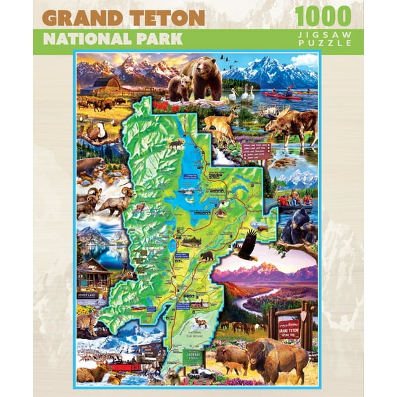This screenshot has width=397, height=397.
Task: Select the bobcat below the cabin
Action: click(x=86, y=321)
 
